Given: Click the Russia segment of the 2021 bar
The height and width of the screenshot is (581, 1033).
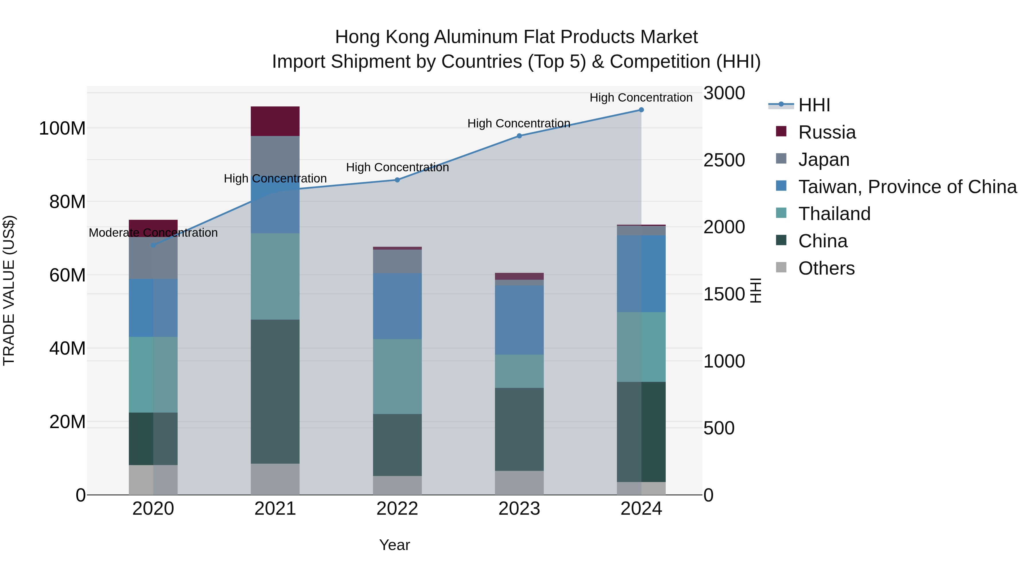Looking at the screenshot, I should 275,121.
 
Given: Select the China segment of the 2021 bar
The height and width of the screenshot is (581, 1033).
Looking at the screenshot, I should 275,391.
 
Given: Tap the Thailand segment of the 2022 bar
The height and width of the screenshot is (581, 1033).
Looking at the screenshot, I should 397,376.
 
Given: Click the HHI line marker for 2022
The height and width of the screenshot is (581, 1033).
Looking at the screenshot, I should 397,180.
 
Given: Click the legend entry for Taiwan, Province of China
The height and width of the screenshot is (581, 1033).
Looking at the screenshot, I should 907,187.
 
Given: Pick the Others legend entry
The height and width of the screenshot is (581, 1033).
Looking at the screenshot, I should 826,268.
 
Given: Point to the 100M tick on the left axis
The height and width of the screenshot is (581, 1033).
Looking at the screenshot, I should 62,129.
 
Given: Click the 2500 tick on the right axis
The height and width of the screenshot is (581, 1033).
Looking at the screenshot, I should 724,160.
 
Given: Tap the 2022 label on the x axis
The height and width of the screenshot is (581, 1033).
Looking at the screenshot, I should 397,509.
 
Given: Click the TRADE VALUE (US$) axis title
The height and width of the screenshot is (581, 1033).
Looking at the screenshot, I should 9,290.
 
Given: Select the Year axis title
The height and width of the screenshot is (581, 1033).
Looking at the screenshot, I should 394,545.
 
